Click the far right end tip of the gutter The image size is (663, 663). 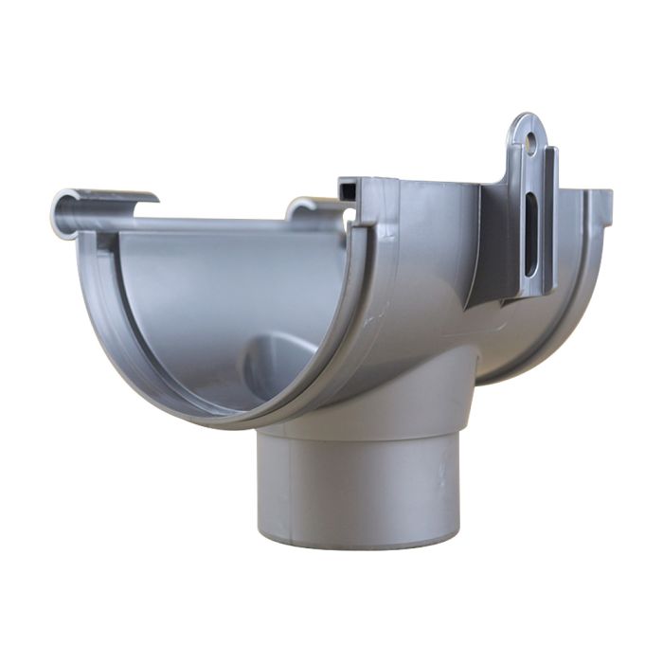[603, 200]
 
